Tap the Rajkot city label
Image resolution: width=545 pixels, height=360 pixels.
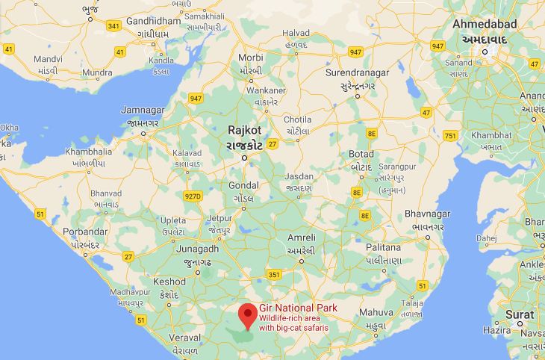coord(245,130)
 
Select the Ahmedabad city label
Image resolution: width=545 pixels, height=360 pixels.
coord(485,25)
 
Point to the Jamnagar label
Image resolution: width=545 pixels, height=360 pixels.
coord(143,111)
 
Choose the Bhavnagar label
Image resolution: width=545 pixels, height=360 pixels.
coord(425,214)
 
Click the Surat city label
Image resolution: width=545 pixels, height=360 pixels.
coord(520,314)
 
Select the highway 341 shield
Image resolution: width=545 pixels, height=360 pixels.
coord(113,26)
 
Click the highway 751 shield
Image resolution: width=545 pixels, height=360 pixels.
coord(450,135)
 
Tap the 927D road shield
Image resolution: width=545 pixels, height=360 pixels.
coord(193,196)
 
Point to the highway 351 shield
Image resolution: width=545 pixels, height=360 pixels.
coord(274,275)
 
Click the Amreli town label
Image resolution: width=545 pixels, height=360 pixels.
coord(301,238)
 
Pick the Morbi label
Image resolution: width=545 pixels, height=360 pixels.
coord(251,58)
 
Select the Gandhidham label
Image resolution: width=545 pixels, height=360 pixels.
coord(155,21)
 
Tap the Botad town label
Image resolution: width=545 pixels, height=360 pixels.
coord(361,155)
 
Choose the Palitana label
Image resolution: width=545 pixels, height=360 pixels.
coord(384,247)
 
